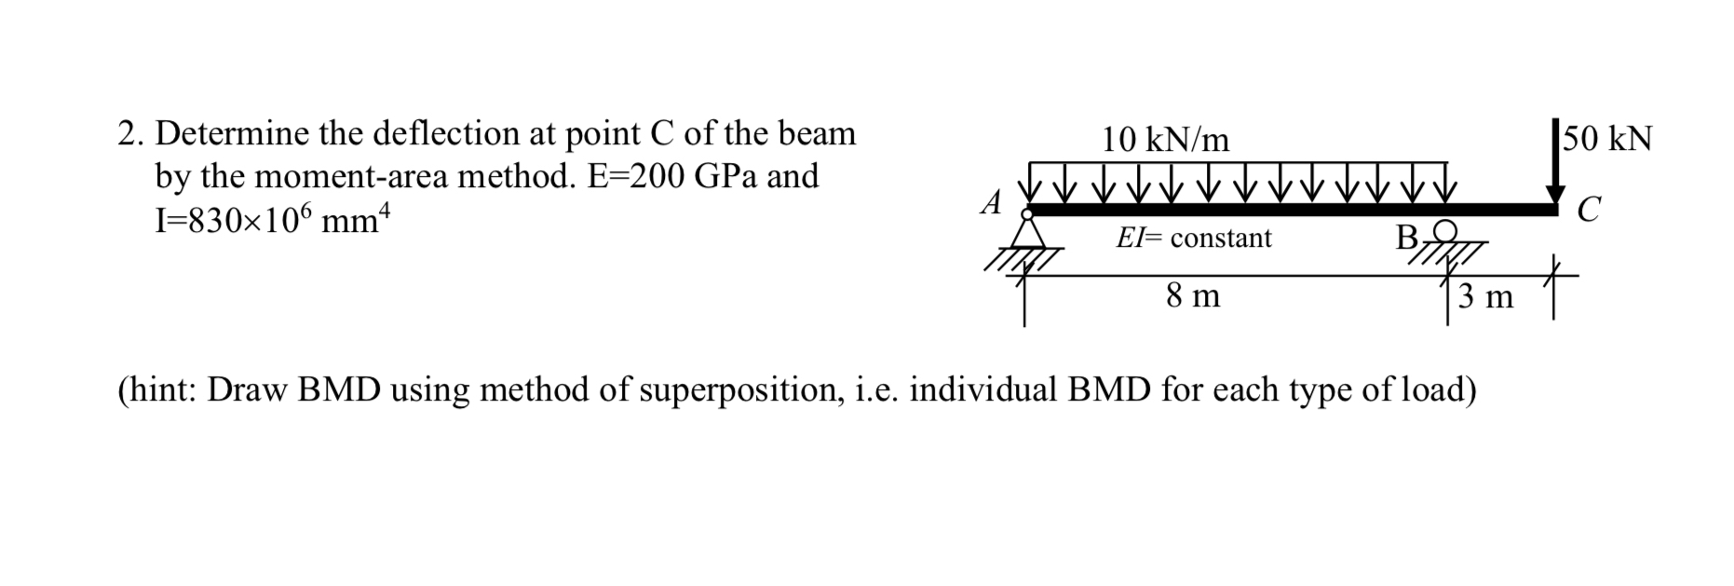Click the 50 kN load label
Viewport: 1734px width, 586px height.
click(x=1608, y=139)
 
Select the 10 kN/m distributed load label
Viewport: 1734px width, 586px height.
click(x=1165, y=140)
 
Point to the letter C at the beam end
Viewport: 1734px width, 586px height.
click(x=1590, y=211)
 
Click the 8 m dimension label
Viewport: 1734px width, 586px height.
click(x=1193, y=296)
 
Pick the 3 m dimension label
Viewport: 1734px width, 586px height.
click(x=1486, y=297)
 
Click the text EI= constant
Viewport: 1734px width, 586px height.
click(x=1194, y=238)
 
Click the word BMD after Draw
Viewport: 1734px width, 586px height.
click(x=339, y=389)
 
